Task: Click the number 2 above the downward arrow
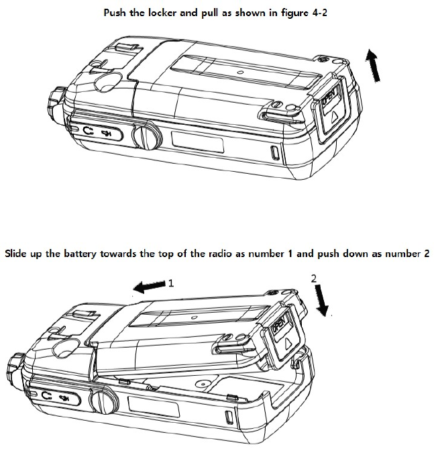(314, 277)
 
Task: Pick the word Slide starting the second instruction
(18, 254)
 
